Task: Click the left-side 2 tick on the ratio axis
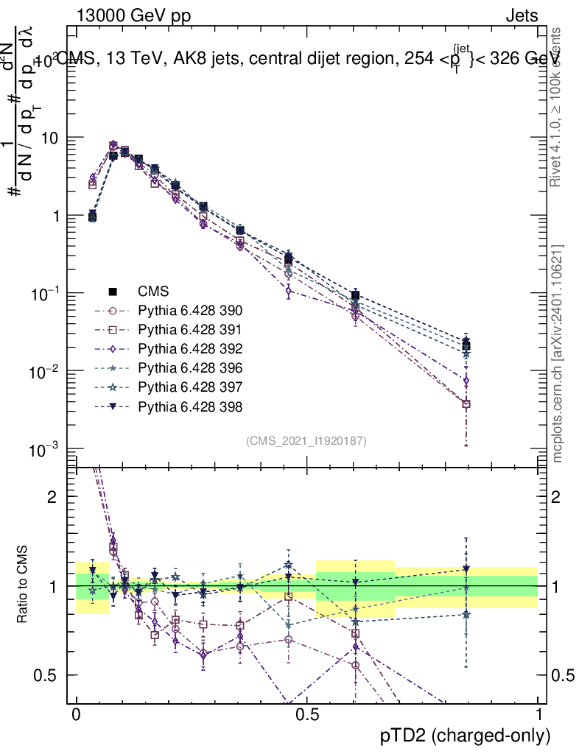pyautogui.click(x=53, y=497)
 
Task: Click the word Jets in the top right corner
pyautogui.click(x=522, y=15)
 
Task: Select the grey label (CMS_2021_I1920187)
pyautogui.click(x=306, y=440)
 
